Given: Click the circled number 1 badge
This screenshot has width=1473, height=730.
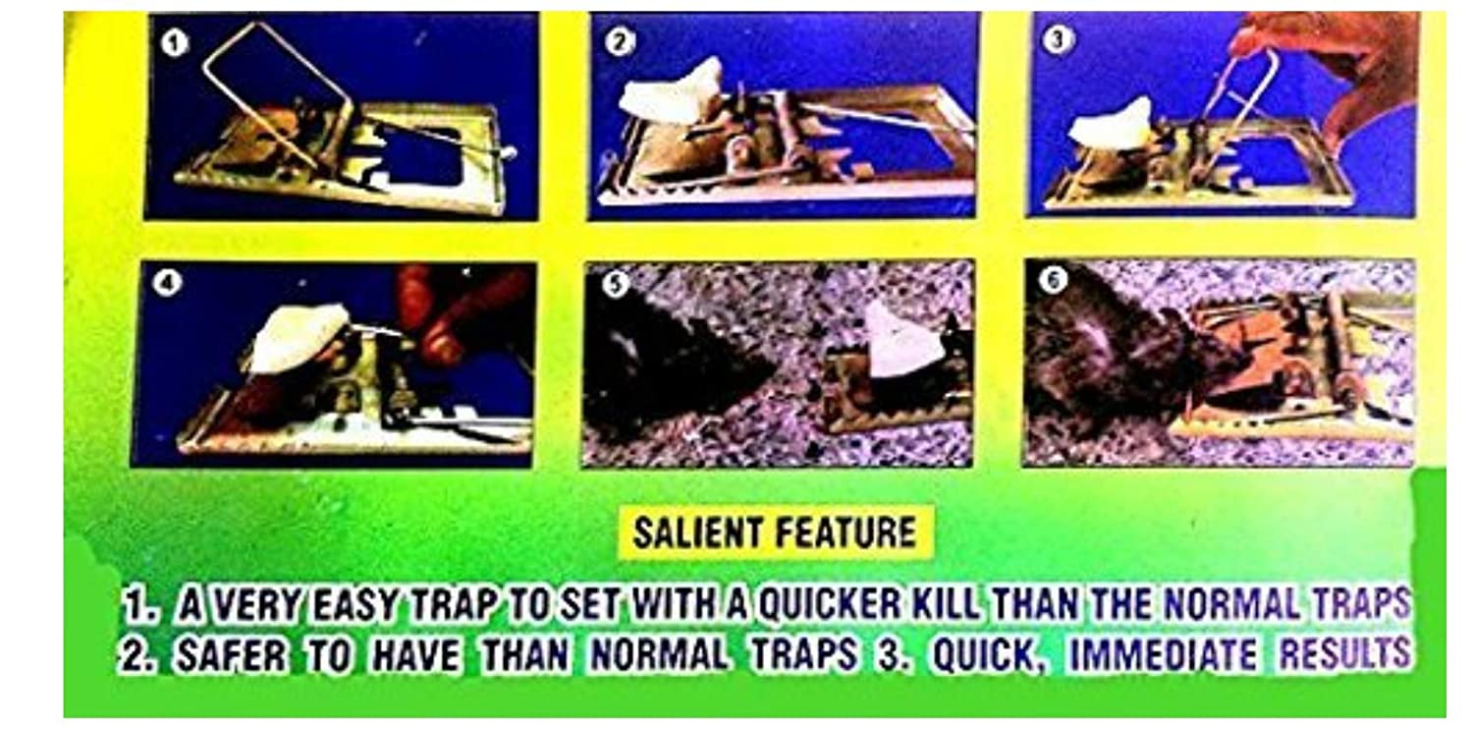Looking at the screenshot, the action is [x=174, y=44].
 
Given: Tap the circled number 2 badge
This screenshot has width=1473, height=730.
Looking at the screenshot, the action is [x=619, y=41].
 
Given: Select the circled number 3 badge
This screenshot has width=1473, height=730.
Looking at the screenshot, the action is [x=1058, y=38].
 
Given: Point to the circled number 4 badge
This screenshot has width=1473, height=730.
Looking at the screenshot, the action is [x=166, y=283].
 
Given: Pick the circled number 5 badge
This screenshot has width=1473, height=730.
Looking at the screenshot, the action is [x=616, y=285].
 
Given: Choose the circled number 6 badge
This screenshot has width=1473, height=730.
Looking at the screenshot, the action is [x=1053, y=280].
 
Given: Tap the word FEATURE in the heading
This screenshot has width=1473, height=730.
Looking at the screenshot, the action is [x=846, y=533].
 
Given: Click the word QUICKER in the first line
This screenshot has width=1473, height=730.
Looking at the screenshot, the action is [x=831, y=603].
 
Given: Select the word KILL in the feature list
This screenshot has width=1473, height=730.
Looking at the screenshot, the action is [x=948, y=603].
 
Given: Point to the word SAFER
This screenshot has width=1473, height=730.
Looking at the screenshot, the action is [x=232, y=655].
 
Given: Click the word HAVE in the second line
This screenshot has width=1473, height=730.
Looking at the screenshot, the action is [x=415, y=655].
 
